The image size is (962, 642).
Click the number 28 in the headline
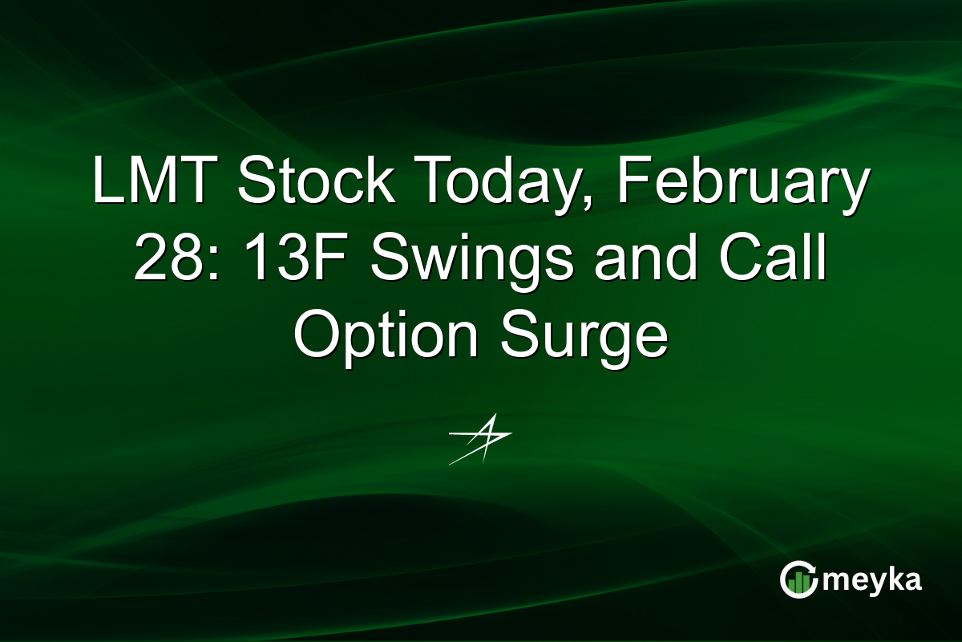[x=167, y=259]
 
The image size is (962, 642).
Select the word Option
[x=386, y=335]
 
